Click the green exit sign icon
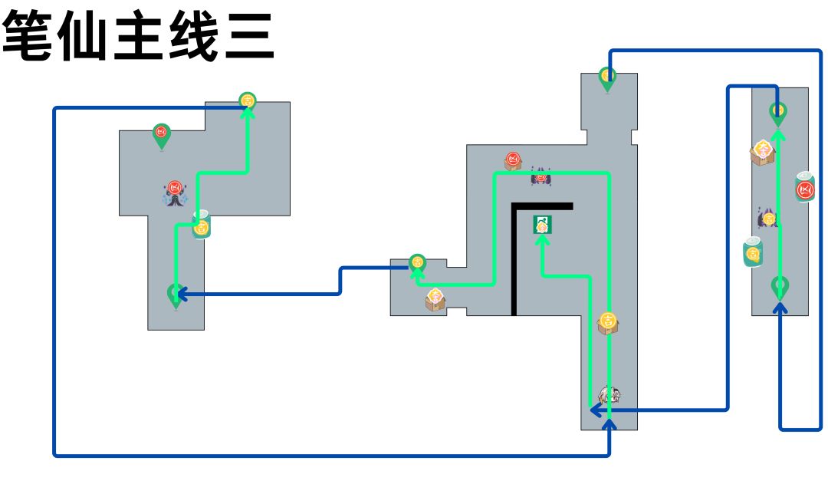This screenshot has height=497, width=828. (543, 225)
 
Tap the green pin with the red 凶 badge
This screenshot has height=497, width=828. (161, 136)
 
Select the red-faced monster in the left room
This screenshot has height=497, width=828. (175, 193)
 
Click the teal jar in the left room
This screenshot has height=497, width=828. (201, 225)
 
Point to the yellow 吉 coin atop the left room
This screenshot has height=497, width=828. (247, 100)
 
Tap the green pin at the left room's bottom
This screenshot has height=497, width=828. (176, 295)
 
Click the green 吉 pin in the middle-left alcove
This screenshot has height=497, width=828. (417, 263)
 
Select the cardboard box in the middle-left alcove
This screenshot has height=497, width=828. (435, 299)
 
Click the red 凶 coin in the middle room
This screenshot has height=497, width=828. (513, 160)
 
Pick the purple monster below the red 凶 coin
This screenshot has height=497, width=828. (540, 177)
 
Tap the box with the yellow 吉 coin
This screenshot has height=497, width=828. (608, 322)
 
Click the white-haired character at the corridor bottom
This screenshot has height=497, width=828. (609, 396)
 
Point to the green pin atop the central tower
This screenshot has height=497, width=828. (607, 78)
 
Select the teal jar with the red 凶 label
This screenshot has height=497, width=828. (804, 188)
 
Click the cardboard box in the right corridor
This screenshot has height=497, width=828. (762, 152)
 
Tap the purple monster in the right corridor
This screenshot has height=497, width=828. (767, 219)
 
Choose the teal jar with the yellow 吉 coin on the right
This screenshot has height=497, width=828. (753, 253)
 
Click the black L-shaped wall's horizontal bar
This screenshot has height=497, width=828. (543, 206)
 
